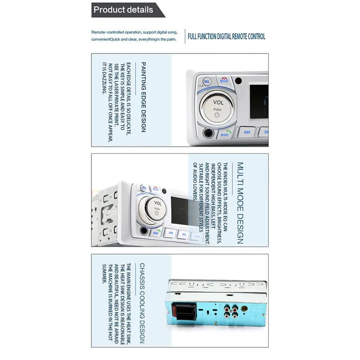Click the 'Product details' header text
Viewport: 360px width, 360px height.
[123, 9]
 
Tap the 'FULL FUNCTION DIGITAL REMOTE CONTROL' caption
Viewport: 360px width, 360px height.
[226, 37]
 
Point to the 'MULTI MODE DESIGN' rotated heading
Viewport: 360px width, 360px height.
[240, 203]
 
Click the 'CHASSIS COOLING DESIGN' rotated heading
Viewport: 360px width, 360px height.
[142, 303]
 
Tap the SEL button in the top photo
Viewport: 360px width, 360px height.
[207, 82]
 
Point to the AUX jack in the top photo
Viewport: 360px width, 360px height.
[208, 132]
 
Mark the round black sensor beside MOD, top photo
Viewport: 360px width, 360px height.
[238, 81]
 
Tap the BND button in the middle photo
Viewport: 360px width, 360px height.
[156, 233]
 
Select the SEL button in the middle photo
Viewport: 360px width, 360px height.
[144, 189]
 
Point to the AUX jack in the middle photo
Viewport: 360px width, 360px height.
[144, 231]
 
